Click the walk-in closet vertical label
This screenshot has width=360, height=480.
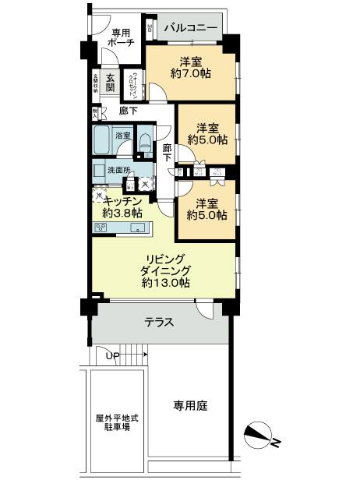(x=134, y=82)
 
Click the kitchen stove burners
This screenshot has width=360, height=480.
(x=102, y=228)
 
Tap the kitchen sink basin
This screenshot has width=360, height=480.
(x=137, y=228)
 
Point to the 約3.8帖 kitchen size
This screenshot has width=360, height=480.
(x=122, y=212)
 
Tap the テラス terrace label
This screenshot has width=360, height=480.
(x=159, y=323)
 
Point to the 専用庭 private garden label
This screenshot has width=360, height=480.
(x=189, y=405)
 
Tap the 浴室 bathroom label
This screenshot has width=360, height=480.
(x=123, y=136)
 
